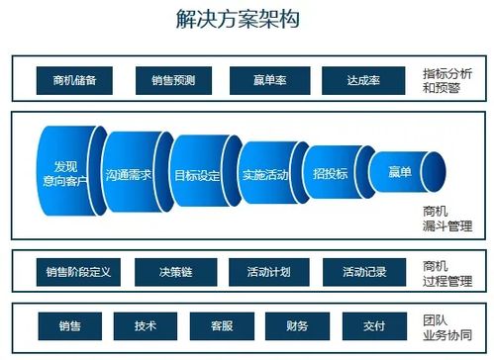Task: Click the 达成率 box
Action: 361,80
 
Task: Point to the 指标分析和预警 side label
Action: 446,80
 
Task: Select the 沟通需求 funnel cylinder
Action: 134,174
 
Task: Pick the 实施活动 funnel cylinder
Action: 264,174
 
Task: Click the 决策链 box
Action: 171,271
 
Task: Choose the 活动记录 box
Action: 361,271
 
